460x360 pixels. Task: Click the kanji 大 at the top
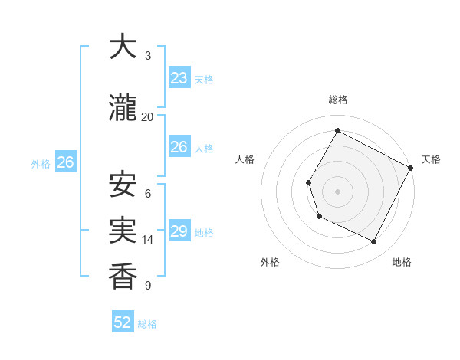pyautogui.click(x=123, y=47)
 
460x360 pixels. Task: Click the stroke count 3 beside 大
pyautogui.click(x=148, y=56)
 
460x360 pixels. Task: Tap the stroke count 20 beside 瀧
pyautogui.click(x=148, y=116)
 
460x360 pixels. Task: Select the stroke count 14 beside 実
pyautogui.click(x=148, y=240)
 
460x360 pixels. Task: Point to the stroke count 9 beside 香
pyautogui.click(x=148, y=286)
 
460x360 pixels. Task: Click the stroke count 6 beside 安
pyautogui.click(x=148, y=194)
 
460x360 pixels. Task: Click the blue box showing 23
pyautogui.click(x=179, y=78)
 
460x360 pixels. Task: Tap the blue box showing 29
pyautogui.click(x=179, y=231)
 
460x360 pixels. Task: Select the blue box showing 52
pyautogui.click(x=123, y=322)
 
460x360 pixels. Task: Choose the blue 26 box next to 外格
pyautogui.click(x=65, y=162)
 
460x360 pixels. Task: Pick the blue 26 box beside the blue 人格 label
pyautogui.click(x=179, y=147)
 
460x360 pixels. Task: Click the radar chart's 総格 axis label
pyautogui.click(x=337, y=100)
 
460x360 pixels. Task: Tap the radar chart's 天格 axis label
pyautogui.click(x=431, y=159)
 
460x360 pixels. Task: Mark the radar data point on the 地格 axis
pyautogui.click(x=374, y=242)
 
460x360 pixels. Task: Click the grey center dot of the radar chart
pyautogui.click(x=337, y=191)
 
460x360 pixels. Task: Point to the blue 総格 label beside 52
pyautogui.click(x=147, y=324)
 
